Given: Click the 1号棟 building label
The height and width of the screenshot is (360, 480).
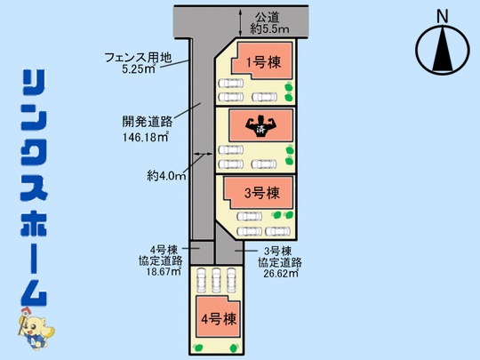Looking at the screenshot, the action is click(x=263, y=63).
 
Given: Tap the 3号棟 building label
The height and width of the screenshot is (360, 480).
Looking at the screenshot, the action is click(x=262, y=193).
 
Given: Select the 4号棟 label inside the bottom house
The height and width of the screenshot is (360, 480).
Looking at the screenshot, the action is click(x=219, y=319).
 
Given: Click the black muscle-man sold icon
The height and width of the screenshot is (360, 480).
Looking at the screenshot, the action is click(x=260, y=126).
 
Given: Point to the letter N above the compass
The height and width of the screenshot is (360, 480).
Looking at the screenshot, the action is click(x=442, y=16).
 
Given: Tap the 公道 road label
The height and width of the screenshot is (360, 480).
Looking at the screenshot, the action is click(x=268, y=18).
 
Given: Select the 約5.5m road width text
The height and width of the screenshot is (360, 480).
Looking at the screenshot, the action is click(x=269, y=29).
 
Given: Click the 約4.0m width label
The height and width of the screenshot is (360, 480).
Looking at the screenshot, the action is click(x=166, y=176).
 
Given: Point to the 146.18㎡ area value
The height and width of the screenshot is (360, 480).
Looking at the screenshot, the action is click(x=146, y=137).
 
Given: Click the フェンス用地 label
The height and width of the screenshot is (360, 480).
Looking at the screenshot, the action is click(x=138, y=58).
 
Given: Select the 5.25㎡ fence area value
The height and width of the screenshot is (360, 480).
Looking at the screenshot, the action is click(x=139, y=68).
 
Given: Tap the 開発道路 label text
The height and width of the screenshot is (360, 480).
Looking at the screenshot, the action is click(x=148, y=122).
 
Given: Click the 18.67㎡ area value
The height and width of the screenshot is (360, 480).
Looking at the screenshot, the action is click(x=164, y=271).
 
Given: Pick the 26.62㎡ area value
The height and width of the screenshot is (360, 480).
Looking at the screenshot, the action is click(x=281, y=274).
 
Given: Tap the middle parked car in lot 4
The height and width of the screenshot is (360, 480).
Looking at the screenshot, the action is click(x=216, y=280).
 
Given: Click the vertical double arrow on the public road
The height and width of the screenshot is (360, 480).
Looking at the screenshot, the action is click(x=241, y=22).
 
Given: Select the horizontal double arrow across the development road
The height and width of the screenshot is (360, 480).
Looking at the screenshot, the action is click(x=203, y=154).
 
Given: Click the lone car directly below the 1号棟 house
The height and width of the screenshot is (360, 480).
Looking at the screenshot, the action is click(x=231, y=83).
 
